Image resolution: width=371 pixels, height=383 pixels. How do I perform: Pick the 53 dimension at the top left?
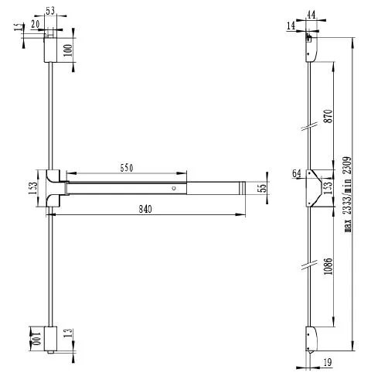coord(51,10)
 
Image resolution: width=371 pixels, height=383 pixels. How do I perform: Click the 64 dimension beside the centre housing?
coord(296,174)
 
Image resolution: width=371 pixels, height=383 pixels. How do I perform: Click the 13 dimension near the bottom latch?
coord(70,333)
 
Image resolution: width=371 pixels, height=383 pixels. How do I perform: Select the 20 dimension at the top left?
coord(36,24)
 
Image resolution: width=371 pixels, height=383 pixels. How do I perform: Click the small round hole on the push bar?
coord(175,188)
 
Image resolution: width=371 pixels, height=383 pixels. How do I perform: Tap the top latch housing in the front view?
coord(49,48)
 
